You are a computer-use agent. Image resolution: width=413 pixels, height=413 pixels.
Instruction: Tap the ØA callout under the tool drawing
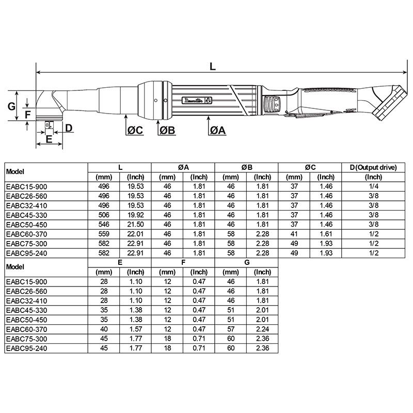point(217,131)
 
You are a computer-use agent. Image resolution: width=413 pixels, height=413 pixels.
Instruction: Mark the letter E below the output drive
point(49,139)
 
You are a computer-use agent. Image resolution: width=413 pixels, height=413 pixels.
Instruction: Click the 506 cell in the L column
point(104,214)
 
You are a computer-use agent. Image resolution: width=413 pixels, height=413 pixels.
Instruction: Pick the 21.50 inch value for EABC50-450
point(135,224)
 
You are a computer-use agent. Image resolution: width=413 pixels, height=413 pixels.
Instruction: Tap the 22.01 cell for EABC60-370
point(135,233)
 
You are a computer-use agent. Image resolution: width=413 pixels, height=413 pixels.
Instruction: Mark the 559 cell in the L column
point(104,233)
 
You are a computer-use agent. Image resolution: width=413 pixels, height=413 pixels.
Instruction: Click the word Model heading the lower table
point(15,267)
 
